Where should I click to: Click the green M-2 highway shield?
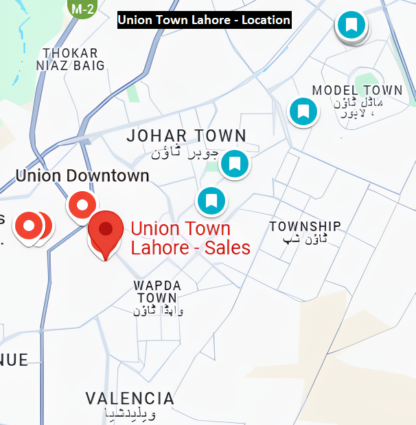pos(83,8)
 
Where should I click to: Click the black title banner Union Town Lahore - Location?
pos(204,20)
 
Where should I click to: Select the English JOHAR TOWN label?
pos(186,135)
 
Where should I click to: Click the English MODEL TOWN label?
pos(357,91)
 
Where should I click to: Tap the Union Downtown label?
pos(82,175)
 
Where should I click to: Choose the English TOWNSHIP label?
pos(305,226)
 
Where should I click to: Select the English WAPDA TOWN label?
pos(157,292)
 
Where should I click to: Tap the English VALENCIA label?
pos(130,398)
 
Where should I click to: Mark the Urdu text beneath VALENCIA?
pos(130,414)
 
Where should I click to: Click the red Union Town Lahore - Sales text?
pos(190,238)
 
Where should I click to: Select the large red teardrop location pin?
pos(106,231)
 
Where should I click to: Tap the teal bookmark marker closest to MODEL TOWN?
pos(303,111)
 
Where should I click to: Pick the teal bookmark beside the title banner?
pos(351,26)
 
